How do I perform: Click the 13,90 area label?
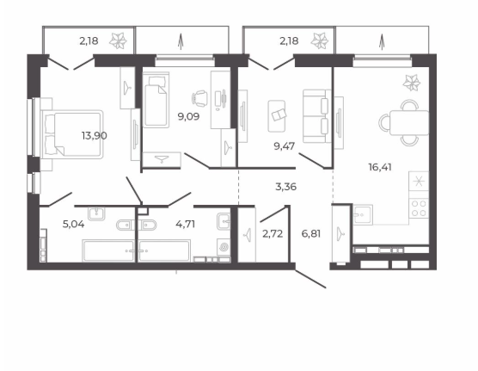[x=95, y=135]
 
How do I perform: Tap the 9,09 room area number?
[x=188, y=116]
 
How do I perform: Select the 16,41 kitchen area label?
[x=380, y=167]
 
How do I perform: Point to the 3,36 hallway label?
[x=285, y=187]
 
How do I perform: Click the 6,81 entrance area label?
[x=311, y=234]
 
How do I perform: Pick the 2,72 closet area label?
[x=273, y=234]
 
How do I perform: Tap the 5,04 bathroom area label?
[x=73, y=224]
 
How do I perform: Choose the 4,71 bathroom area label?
[x=185, y=224]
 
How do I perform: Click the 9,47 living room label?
[x=284, y=146]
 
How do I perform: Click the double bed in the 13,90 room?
[x=72, y=134]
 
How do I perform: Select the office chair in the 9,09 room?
[x=199, y=98]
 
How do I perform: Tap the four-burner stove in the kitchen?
[x=419, y=208]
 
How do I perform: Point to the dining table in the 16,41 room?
[x=409, y=122]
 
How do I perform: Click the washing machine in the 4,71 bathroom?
[x=224, y=247]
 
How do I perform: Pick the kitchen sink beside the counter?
[x=363, y=214]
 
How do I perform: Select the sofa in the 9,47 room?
[x=317, y=115]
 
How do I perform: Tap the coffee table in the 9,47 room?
[x=277, y=116]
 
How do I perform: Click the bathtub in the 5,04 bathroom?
[x=108, y=250]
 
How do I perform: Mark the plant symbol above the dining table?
[x=411, y=83]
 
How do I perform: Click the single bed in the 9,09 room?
[x=156, y=100]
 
